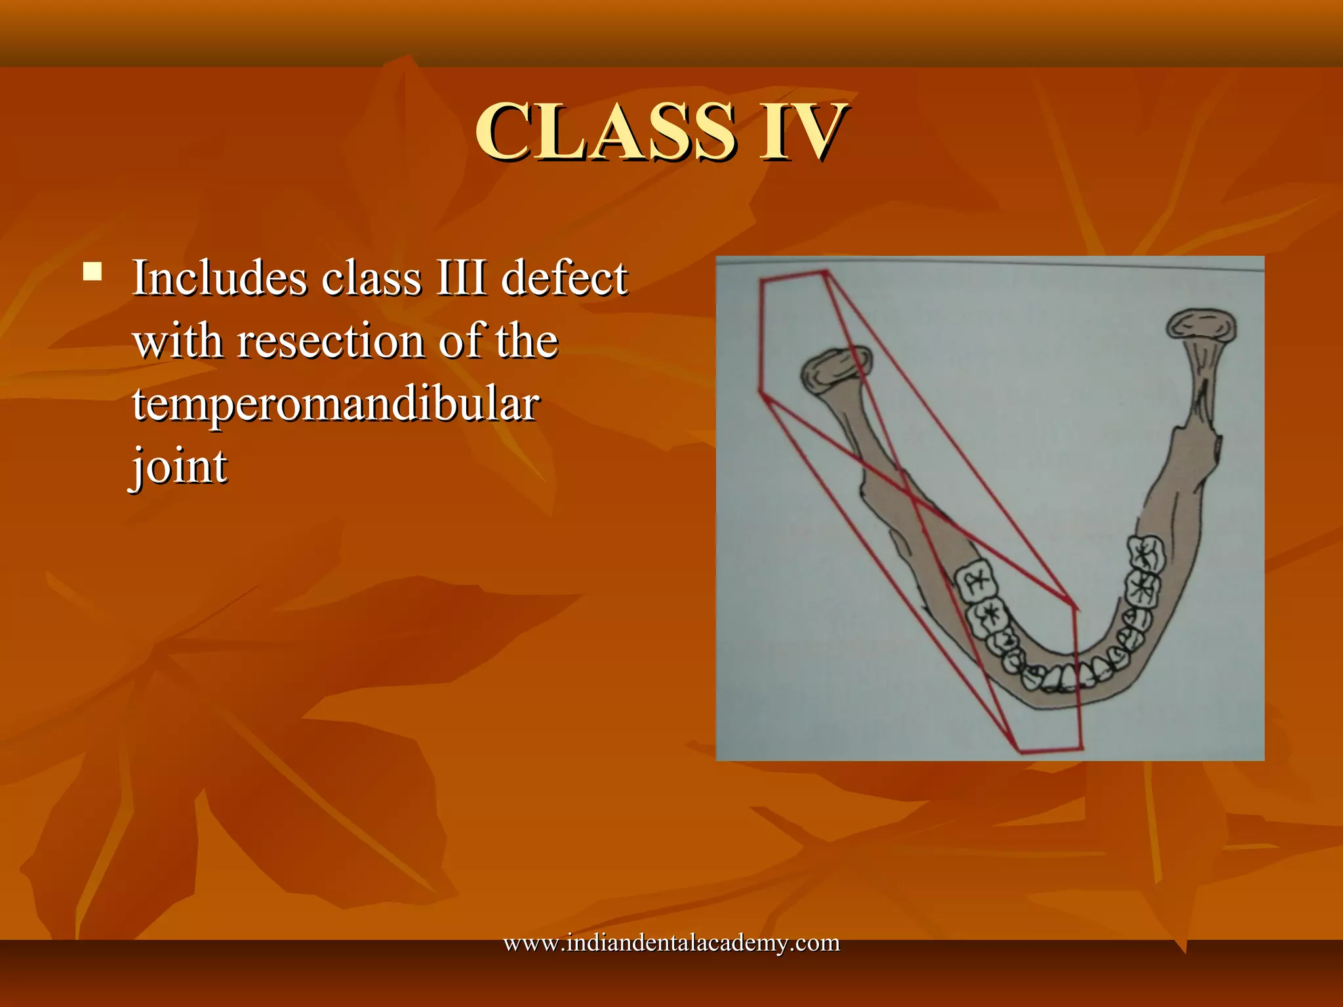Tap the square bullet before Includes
click(92, 271)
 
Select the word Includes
click(220, 278)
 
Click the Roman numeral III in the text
click(461, 278)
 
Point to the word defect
click(564, 278)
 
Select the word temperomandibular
click(336, 405)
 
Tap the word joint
click(178, 467)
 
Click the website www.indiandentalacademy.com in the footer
click(671, 943)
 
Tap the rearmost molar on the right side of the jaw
click(1146, 552)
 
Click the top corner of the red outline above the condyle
click(826, 271)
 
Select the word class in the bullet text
click(371, 278)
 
